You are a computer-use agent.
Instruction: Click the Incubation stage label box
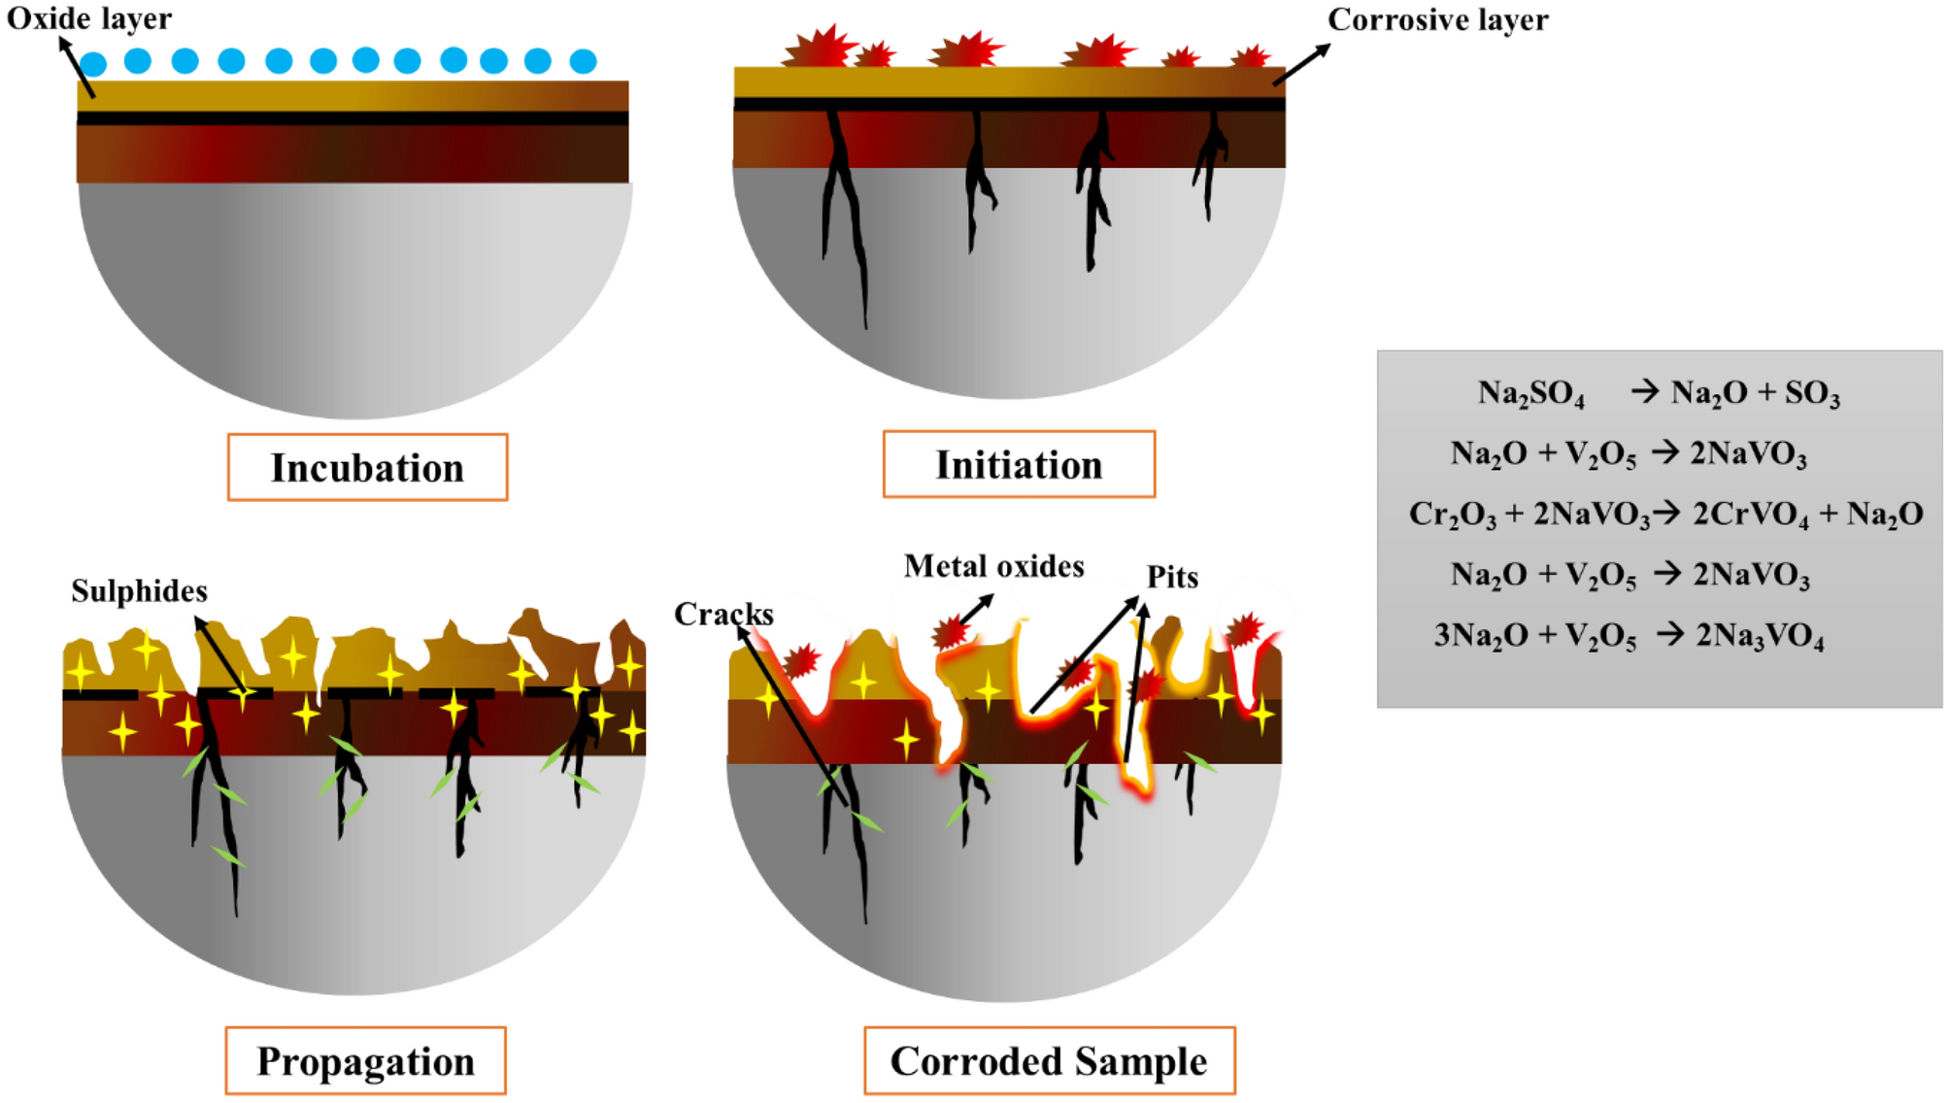pos(367,467)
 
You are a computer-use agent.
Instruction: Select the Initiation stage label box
pos(1019,464)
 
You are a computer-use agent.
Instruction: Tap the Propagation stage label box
pos(365,1060)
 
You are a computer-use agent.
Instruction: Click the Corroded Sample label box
pos(1049,1060)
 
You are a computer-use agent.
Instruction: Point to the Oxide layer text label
pos(89,18)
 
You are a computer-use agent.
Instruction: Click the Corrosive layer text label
pos(1437,19)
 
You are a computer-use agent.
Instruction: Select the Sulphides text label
pos(139,590)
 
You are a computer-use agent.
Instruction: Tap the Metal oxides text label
pos(993,566)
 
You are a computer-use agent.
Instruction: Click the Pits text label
pos(1172,577)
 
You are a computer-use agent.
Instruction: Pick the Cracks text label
pos(723,614)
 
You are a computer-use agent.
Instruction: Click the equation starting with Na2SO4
pos(1658,392)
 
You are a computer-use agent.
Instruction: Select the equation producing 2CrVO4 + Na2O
pos(1664,514)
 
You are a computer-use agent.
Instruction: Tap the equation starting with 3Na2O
pos(1629,635)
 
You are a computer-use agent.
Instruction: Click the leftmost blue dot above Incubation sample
pos(93,64)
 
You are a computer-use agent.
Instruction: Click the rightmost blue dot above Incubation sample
pos(583,61)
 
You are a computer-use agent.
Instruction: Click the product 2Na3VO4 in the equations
pos(1760,635)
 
